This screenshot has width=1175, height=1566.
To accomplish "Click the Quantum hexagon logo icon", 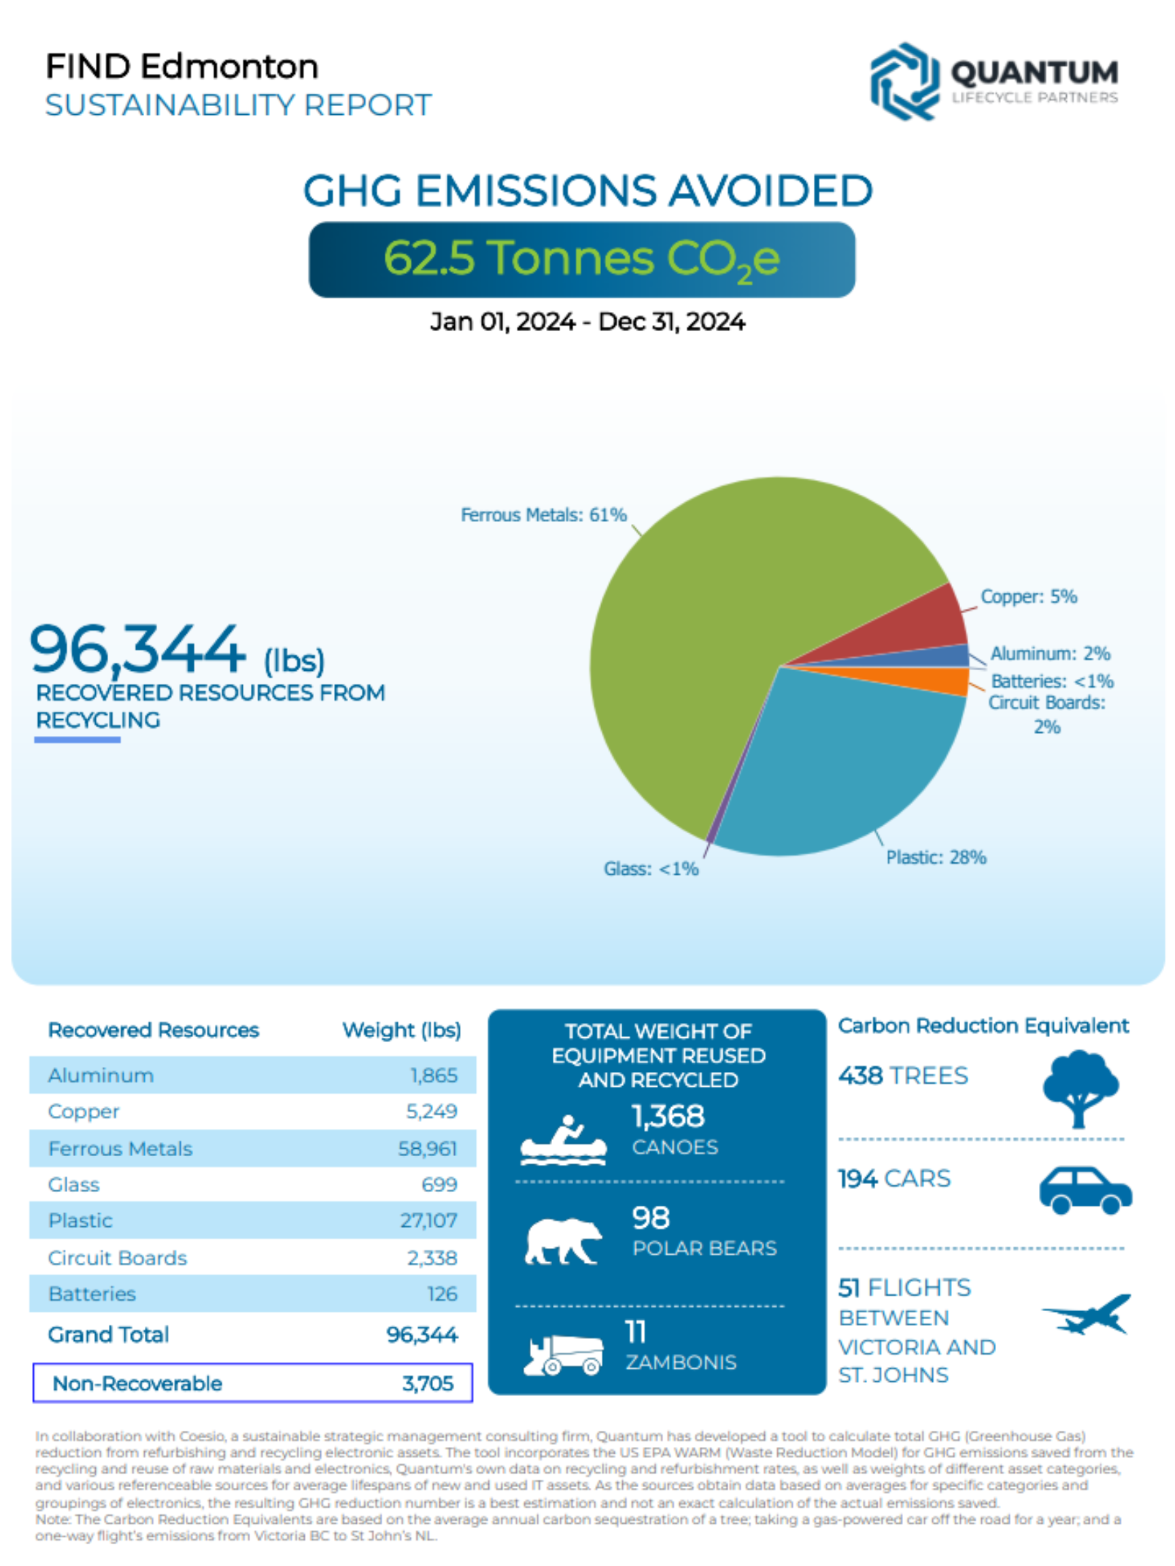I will pyautogui.click(x=904, y=82).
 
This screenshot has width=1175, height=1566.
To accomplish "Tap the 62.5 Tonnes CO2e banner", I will pyautogui.click(x=581, y=259).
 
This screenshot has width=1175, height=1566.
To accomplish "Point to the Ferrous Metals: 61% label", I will pyautogui.click(x=543, y=515).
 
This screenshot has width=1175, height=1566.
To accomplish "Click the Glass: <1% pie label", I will pyautogui.click(x=651, y=869).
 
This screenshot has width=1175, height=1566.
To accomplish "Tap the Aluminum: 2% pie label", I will pyautogui.click(x=1050, y=652).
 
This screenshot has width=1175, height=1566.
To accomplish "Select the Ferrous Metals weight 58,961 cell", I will pyautogui.click(x=427, y=1148).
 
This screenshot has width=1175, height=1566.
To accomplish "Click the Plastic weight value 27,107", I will pyautogui.click(x=428, y=1221).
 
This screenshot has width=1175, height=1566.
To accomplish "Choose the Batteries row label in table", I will pyautogui.click(x=92, y=1293).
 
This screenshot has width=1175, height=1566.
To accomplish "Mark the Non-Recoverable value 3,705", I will pyautogui.click(x=427, y=1382).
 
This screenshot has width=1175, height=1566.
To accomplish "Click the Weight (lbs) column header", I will pyautogui.click(x=402, y=1030).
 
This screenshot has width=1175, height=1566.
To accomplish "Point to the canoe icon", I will pyautogui.click(x=564, y=1140).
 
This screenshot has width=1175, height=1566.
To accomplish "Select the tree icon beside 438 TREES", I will pyautogui.click(x=1079, y=1087).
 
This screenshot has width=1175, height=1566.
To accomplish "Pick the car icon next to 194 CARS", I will pyautogui.click(x=1085, y=1190).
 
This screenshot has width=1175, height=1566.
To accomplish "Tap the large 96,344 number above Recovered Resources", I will pyautogui.click(x=137, y=648).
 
